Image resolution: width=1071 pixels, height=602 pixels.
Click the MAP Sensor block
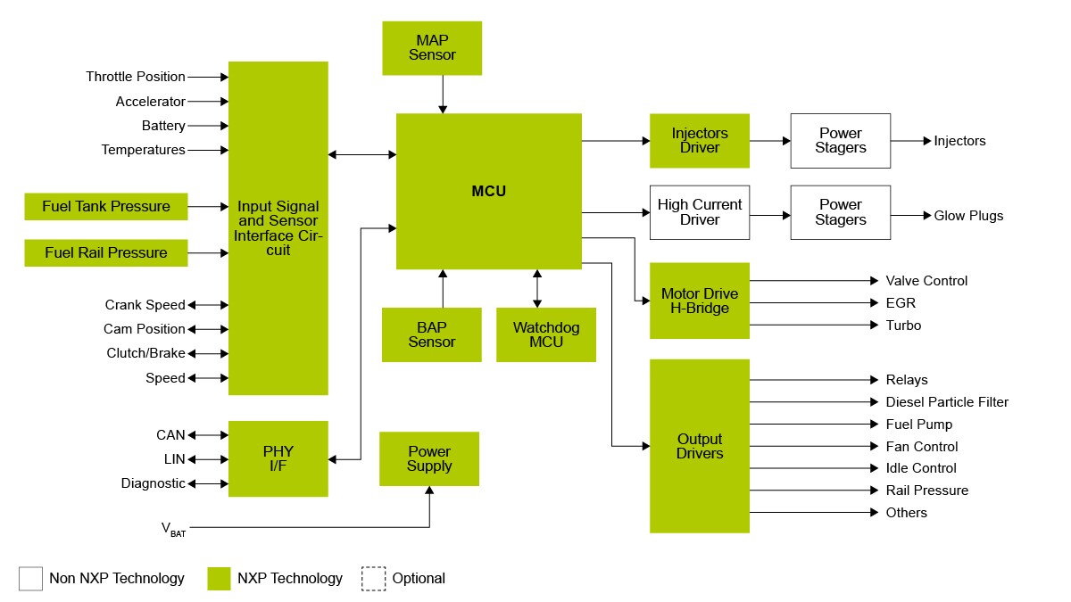[x=432, y=48]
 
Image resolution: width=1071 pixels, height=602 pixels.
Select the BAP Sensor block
[x=432, y=334]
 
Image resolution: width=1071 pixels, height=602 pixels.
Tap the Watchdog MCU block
[x=545, y=334]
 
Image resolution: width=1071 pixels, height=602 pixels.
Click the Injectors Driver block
[x=699, y=141]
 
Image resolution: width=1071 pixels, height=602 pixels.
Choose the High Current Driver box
[x=699, y=212]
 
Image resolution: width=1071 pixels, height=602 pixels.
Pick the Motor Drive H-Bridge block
[x=699, y=301]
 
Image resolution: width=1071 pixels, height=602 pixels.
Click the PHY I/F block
[x=278, y=458]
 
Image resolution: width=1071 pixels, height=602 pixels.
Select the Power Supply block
[x=429, y=459]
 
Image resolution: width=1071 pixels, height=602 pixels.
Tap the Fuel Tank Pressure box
[x=106, y=207]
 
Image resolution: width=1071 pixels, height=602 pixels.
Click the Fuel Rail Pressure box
[x=106, y=253]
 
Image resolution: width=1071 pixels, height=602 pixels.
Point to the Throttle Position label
[x=136, y=77]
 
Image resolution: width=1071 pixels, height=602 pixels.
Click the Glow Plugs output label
[x=968, y=216]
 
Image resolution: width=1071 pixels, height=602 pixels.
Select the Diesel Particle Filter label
[x=947, y=402]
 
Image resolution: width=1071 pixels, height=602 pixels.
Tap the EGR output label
[x=901, y=303]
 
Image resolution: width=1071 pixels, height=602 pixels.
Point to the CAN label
[x=170, y=435]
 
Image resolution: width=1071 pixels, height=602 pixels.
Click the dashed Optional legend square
[x=373, y=579]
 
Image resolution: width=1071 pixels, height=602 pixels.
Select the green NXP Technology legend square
[x=219, y=579]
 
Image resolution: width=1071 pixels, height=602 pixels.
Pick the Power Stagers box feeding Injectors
[x=840, y=141]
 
